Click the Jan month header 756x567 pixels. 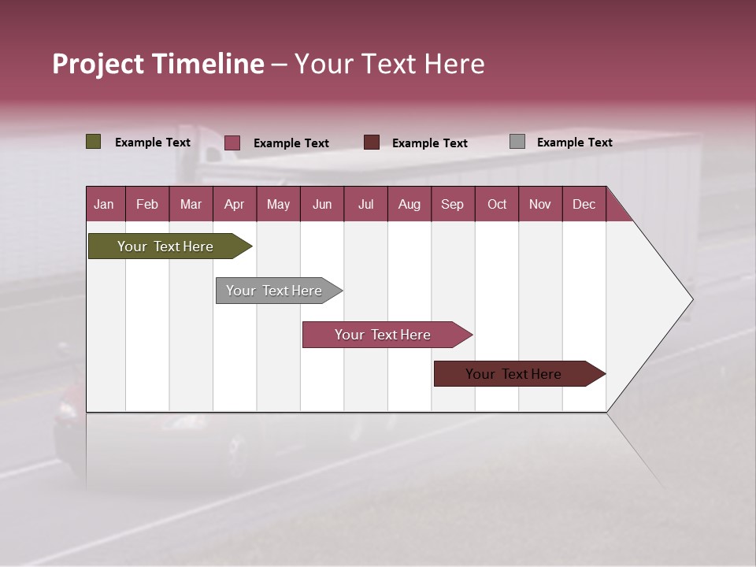pyautogui.click(x=104, y=204)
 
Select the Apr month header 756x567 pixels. pyautogui.click(x=234, y=204)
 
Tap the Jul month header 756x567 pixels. pyautogui.click(x=365, y=204)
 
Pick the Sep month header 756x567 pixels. pyautogui.click(x=452, y=204)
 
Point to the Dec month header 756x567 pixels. pyautogui.click(x=584, y=204)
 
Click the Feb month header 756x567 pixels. pyautogui.click(x=147, y=204)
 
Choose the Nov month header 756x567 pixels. pyautogui.click(x=539, y=204)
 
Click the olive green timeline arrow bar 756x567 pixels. pyautogui.click(x=165, y=246)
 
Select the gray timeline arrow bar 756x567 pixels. pyautogui.click(x=274, y=291)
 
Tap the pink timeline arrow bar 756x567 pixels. pyautogui.click(x=383, y=335)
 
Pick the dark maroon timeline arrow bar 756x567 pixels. pyautogui.click(x=513, y=374)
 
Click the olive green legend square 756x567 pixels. pyautogui.click(x=93, y=142)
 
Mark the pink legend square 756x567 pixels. pyautogui.click(x=232, y=143)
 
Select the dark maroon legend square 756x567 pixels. pyautogui.click(x=372, y=142)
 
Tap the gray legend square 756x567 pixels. pyautogui.click(x=517, y=142)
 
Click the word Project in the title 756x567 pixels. pyautogui.click(x=98, y=64)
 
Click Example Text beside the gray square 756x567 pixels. pyautogui.click(x=574, y=143)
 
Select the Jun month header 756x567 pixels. pyautogui.click(x=322, y=204)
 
